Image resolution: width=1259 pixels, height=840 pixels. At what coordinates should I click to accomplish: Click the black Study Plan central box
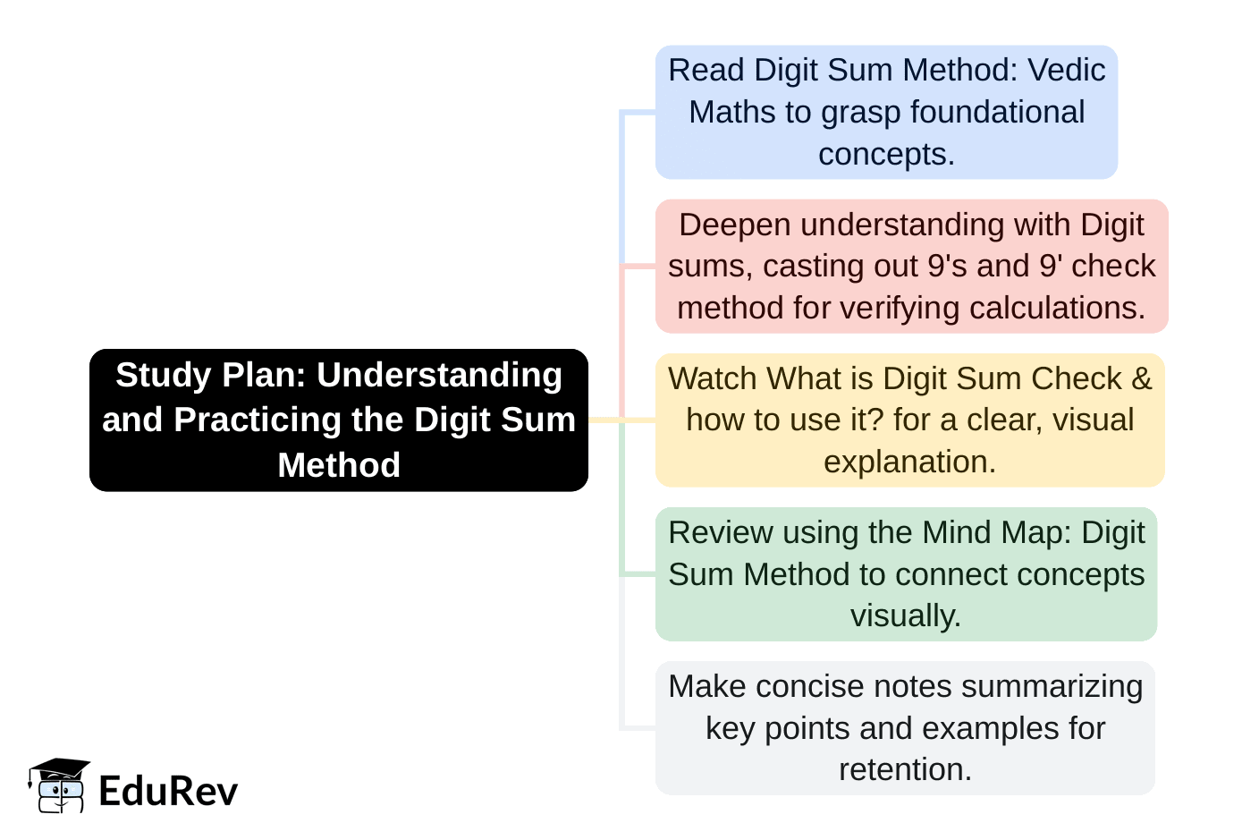pyautogui.click(x=338, y=420)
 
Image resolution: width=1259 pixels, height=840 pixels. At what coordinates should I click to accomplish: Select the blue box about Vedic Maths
pyautogui.click(x=886, y=112)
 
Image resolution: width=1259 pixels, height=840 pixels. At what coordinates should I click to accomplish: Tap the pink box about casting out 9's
pyautogui.click(x=911, y=266)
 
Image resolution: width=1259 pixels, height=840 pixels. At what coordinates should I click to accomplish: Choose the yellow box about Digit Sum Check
pyautogui.click(x=909, y=420)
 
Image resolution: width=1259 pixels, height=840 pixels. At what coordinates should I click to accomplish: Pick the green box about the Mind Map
pyautogui.click(x=906, y=573)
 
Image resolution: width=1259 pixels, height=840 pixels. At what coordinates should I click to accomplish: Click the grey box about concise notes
pyautogui.click(x=905, y=727)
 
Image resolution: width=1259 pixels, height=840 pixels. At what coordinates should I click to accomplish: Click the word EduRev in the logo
pyautogui.click(x=168, y=791)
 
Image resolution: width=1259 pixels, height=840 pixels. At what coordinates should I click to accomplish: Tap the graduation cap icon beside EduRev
pyautogui.click(x=59, y=785)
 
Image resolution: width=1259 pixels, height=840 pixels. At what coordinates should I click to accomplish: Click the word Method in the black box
pyautogui.click(x=339, y=465)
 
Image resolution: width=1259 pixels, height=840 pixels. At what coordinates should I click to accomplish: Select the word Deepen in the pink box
pyautogui.click(x=735, y=225)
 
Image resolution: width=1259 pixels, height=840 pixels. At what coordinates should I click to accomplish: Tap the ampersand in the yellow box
pyautogui.click(x=1141, y=378)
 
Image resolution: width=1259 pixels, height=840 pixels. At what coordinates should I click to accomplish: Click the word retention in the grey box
pyautogui.click(x=904, y=769)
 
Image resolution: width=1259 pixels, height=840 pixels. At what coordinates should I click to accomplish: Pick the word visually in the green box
pyautogui.click(x=905, y=615)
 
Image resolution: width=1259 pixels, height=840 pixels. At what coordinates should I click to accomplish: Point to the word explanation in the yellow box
pyautogui.click(x=908, y=462)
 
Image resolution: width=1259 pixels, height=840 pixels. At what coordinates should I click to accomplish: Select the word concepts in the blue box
pyautogui.click(x=885, y=154)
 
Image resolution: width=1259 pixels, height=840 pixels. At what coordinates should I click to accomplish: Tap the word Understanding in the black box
pyautogui.click(x=439, y=375)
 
